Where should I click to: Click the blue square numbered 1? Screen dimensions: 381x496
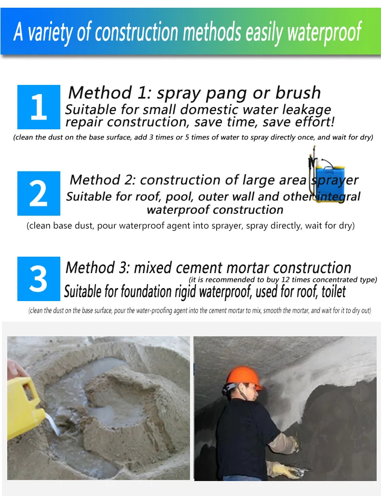click(39, 107)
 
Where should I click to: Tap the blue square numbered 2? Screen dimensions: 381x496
click(39, 193)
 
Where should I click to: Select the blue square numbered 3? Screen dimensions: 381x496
click(39, 279)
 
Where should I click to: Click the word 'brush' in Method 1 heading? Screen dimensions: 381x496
click(298, 92)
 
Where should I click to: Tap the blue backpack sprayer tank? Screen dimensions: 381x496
click(329, 180)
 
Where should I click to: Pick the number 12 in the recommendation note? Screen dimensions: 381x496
click(285, 280)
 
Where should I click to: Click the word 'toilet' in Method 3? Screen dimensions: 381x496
click(334, 291)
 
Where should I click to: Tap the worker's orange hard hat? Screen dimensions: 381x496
click(244, 378)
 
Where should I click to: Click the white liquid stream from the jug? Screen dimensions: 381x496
click(53, 424)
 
